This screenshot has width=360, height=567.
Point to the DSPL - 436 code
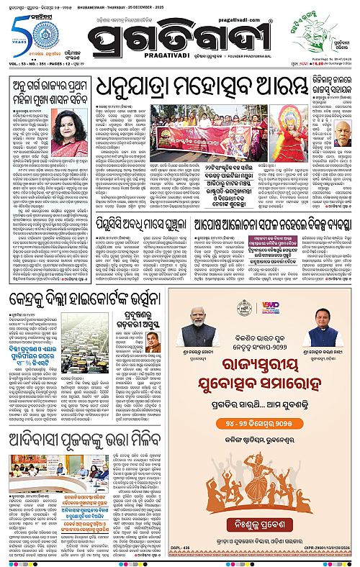pyautogui.click(x=186, y=559)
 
